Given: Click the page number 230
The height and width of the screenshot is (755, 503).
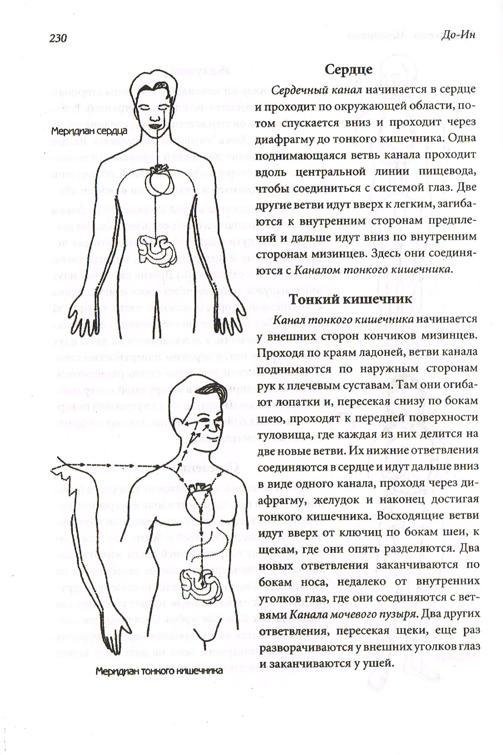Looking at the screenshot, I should (x=58, y=38).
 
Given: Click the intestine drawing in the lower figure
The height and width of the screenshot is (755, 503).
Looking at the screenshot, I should (x=198, y=581).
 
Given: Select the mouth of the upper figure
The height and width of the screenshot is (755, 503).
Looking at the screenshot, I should (x=157, y=123).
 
